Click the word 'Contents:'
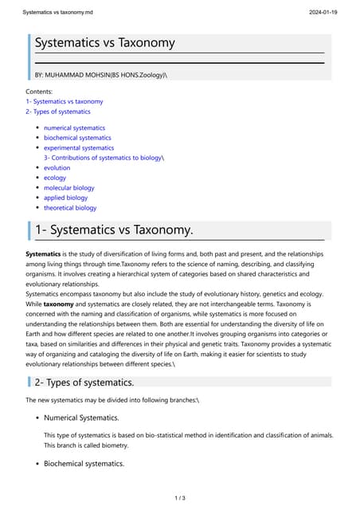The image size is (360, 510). coord(40,92)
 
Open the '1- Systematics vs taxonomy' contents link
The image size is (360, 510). coord(65,102)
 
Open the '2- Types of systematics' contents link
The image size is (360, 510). coord(58,112)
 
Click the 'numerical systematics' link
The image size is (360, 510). coord(74,127)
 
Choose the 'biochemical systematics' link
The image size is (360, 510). coord(77,138)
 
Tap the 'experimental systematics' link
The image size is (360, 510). coord(79,147)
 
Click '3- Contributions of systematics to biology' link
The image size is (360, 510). coord(103,158)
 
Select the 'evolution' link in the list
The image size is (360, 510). coord(57,168)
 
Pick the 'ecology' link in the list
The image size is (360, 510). coord(55,178)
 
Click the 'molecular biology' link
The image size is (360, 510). coord(68,188)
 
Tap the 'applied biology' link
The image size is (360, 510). coord(65,198)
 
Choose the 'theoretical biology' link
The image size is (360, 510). coord(70,208)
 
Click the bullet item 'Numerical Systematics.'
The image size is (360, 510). coord(81,418)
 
